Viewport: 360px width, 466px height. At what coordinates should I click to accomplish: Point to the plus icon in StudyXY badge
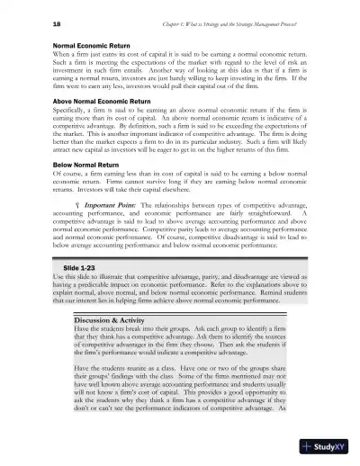(x=310, y=445)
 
